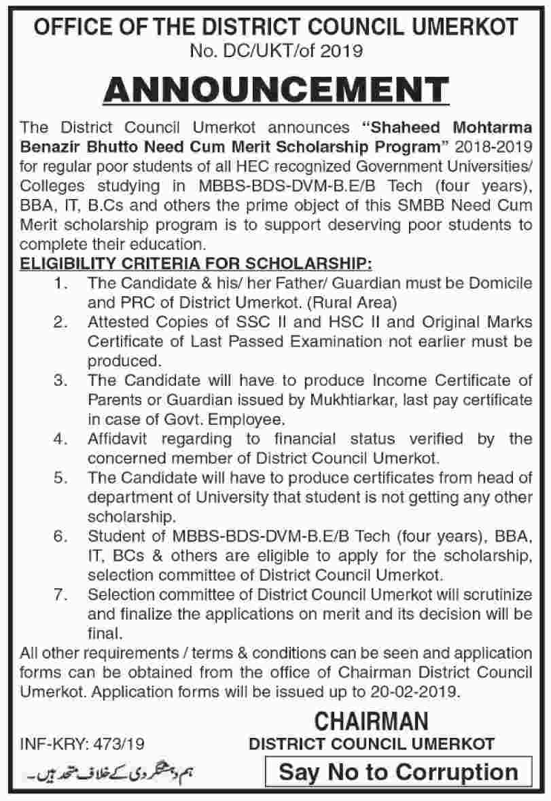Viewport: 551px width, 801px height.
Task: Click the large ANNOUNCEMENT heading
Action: [275, 90]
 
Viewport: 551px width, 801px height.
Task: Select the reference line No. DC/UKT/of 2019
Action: [275, 50]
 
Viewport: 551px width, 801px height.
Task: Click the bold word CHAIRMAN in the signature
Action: [371, 720]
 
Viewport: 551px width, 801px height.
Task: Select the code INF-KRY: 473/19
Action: [82, 744]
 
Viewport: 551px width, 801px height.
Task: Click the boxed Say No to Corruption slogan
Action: [398, 772]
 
